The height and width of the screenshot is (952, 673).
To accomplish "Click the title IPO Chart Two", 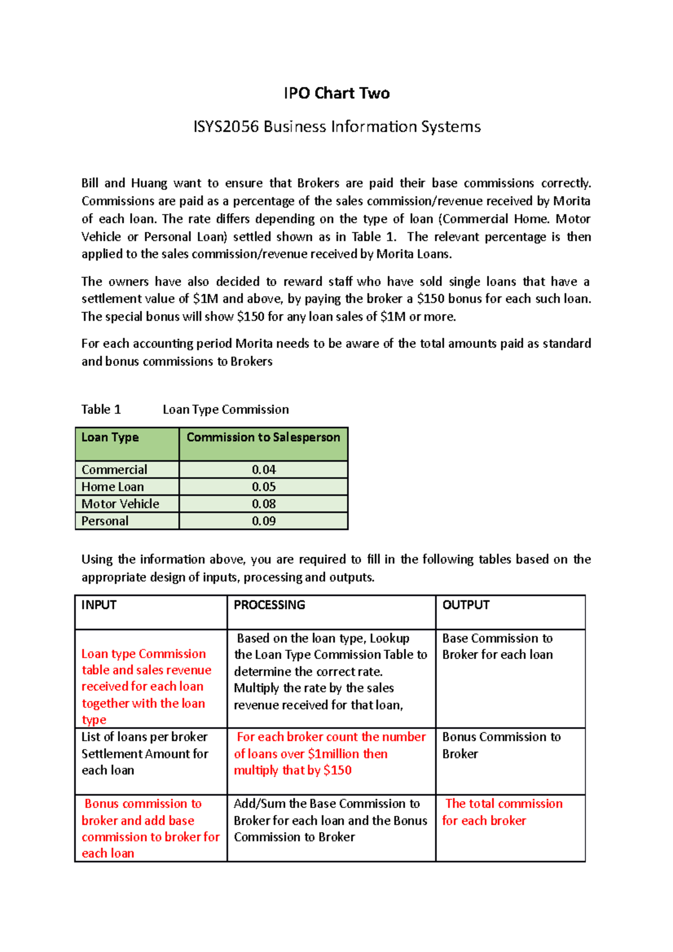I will click(x=336, y=93).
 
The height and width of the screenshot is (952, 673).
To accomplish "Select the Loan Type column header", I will click(x=110, y=438).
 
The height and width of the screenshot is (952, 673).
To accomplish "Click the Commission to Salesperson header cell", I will click(x=263, y=438).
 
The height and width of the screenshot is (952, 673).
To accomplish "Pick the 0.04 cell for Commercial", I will click(x=264, y=470).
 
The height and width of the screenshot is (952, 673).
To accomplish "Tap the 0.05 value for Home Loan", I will click(x=264, y=487).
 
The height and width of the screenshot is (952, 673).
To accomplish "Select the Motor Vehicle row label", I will click(x=120, y=504).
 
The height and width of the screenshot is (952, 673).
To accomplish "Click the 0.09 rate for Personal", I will click(x=264, y=521).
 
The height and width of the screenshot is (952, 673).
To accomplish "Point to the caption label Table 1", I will click(x=101, y=410).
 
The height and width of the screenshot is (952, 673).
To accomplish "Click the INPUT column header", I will click(x=99, y=605).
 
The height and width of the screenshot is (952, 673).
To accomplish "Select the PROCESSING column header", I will click(x=269, y=605).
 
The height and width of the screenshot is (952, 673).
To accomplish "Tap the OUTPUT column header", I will click(x=465, y=605).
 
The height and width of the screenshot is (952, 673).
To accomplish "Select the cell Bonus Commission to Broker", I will click(x=501, y=745).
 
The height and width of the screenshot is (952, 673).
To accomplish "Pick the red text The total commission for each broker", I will click(x=503, y=812).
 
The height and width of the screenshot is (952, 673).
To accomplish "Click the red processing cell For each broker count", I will click(x=330, y=754).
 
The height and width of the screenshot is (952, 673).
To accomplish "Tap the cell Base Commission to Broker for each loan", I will click(x=497, y=646).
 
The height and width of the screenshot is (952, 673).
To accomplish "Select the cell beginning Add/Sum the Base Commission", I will click(x=330, y=820).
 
